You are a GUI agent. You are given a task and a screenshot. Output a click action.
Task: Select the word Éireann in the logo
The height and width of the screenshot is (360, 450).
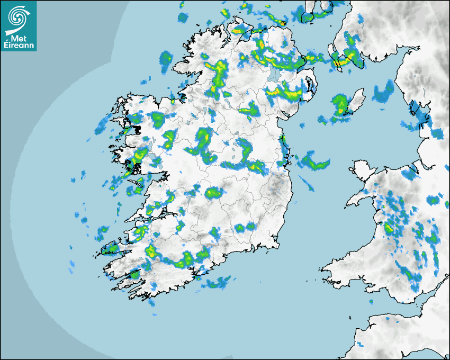pyautogui.click(x=20, y=45)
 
